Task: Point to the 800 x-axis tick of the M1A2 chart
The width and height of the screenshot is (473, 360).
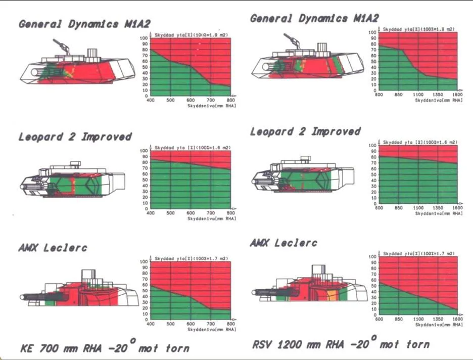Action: [x=231, y=101]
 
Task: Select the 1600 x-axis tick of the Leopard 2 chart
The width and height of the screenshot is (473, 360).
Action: [x=457, y=208]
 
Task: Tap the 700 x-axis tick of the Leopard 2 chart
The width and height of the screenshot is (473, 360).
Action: [x=211, y=213]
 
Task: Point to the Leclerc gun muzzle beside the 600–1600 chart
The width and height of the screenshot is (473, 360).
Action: [x=254, y=292]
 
